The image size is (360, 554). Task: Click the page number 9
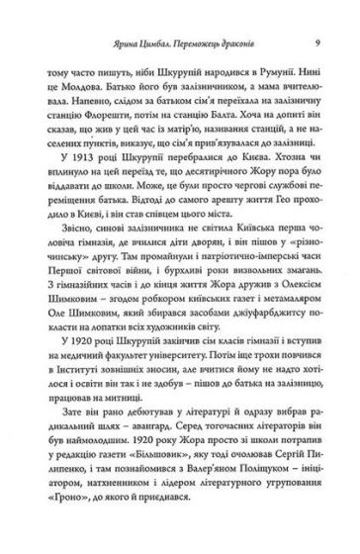(314, 43)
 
